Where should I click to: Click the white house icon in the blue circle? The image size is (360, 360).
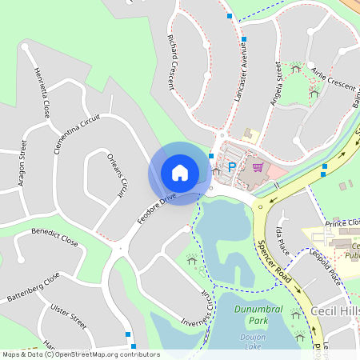tap(179, 173)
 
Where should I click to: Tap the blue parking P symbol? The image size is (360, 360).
tap(233, 167)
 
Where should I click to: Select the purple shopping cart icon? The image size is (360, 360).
tap(257, 167)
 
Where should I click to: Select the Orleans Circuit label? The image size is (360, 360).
tap(118, 175)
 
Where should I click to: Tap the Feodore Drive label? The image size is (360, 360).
tap(156, 207)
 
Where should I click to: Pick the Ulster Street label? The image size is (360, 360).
tap(68, 316)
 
